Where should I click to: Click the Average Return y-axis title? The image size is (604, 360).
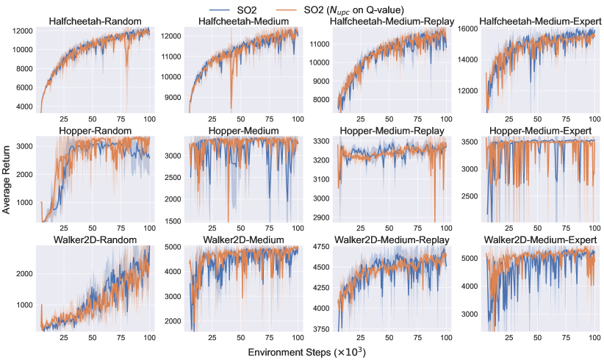click(x=7, y=180)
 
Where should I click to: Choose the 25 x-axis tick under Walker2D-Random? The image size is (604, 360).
click(x=64, y=339)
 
